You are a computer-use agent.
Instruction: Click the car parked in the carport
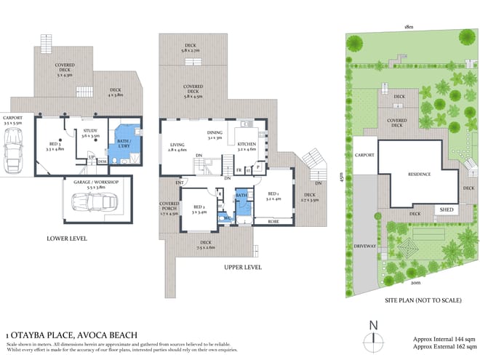tap(14, 153)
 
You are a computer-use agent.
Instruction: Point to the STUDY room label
tap(90, 132)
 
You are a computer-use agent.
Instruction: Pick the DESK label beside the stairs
tap(103, 161)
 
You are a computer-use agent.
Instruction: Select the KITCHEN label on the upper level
tap(247, 144)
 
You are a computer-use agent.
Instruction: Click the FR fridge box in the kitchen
tap(239, 170)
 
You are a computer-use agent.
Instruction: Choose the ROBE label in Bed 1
tap(273, 220)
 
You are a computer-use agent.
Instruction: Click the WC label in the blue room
tap(227, 218)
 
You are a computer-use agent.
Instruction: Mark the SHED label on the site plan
tap(446, 209)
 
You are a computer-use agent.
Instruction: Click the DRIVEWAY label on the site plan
tap(365, 247)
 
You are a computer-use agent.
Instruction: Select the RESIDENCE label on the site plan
tap(419, 175)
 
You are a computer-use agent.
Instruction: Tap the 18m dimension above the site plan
tap(409, 26)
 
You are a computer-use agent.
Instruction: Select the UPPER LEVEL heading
tap(243, 267)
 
